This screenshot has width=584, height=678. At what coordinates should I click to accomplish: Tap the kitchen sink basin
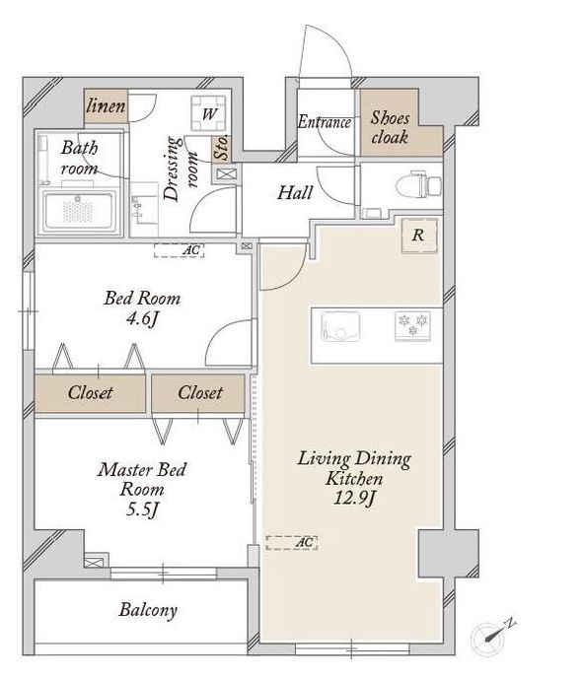click(340, 326)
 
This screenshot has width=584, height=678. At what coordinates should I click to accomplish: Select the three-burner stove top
click(412, 325)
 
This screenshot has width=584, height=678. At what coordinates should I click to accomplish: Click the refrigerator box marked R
click(419, 236)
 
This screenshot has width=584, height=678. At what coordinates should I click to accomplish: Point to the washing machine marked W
click(209, 113)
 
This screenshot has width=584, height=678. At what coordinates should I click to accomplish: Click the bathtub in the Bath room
click(79, 212)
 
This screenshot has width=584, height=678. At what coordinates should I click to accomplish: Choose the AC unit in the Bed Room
click(179, 250)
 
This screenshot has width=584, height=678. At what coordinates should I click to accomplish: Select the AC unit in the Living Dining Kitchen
click(291, 543)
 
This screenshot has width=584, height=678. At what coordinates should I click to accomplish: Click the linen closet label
click(107, 105)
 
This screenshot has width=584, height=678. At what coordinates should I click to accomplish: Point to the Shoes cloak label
click(390, 127)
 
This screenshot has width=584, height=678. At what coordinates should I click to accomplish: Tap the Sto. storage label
click(221, 148)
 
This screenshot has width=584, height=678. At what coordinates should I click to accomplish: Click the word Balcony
click(148, 610)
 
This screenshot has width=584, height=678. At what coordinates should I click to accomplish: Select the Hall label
click(295, 193)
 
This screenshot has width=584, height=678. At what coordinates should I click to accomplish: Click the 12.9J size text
click(354, 499)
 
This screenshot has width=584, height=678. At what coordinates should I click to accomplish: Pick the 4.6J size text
click(142, 319)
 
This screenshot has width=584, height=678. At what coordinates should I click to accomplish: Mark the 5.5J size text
click(142, 509)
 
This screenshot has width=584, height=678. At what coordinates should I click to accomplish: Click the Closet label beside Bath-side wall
click(90, 392)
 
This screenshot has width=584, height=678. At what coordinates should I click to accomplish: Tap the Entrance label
click(325, 122)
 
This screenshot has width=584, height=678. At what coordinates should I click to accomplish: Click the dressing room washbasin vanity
click(144, 209)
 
